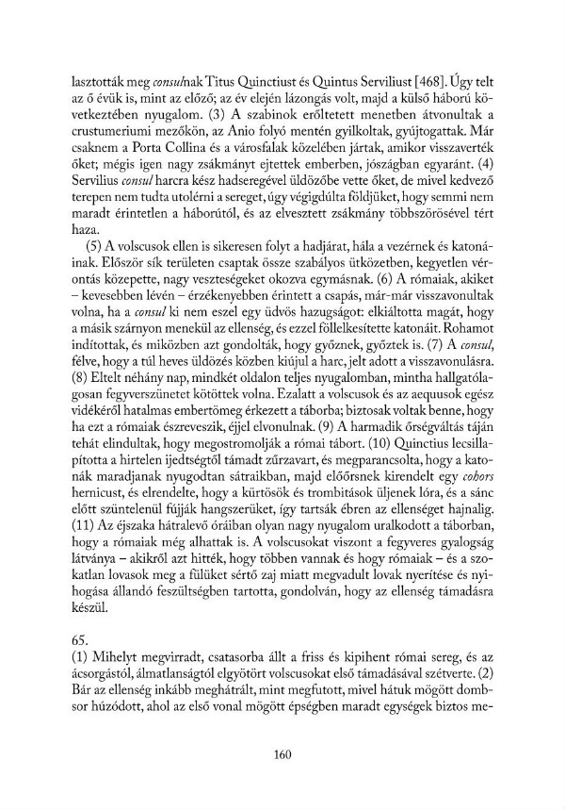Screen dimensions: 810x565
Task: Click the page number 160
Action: coord(282,752)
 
